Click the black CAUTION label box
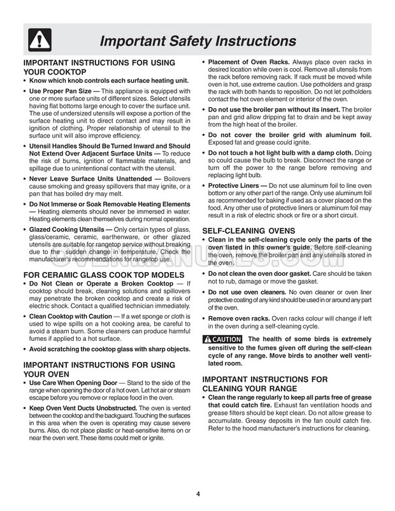[222, 339]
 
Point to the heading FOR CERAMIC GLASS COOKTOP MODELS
[103, 275]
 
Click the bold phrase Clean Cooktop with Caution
[71, 316]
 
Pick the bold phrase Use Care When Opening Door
[73, 383]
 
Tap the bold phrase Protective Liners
[234, 185]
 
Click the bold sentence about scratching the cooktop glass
[110, 349]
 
